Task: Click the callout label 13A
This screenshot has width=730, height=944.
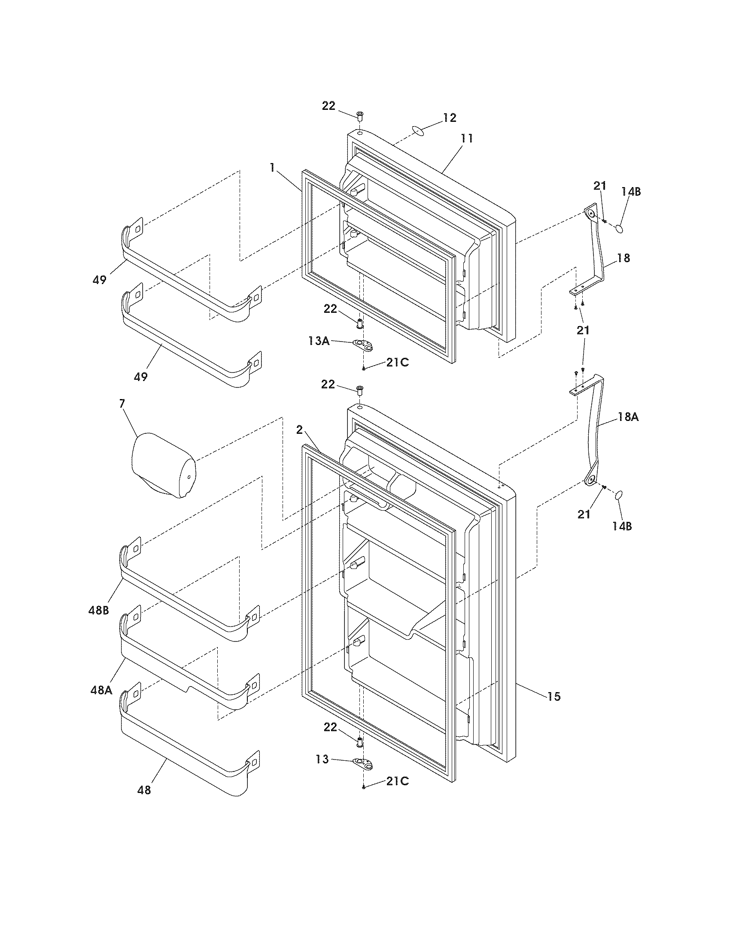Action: tap(319, 341)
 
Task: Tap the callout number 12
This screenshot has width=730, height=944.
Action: tap(449, 118)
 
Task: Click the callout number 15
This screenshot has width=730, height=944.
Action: tap(554, 696)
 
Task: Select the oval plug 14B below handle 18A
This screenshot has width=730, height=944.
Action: tap(618, 495)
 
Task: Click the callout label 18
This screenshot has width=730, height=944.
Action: tap(624, 258)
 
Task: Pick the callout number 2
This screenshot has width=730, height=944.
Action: tap(299, 430)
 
